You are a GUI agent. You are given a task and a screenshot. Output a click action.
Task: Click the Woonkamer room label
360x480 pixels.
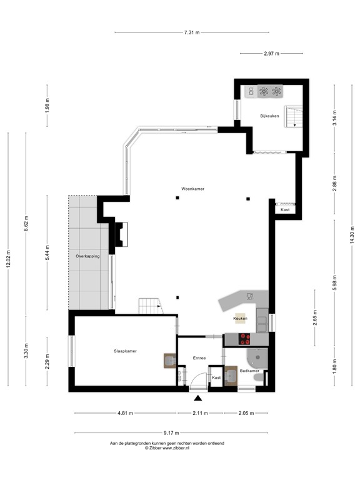tap(193, 188)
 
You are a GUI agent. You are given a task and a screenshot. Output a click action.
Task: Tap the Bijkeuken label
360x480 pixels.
tap(270, 116)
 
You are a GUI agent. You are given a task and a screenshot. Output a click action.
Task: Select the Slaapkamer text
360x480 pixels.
tap(125, 351)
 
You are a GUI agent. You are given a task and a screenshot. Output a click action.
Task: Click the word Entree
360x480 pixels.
tap(199, 358)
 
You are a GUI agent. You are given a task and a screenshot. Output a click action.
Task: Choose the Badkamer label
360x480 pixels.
tap(250, 371)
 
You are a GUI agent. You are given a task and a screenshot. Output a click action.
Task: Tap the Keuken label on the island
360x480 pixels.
tap(240, 319)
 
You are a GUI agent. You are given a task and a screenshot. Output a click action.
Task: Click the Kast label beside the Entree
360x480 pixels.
tap(216, 378)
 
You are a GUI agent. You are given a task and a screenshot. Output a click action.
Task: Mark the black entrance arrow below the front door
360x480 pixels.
tap(198, 398)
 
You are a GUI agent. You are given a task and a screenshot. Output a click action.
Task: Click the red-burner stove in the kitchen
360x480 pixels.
tap(245, 339)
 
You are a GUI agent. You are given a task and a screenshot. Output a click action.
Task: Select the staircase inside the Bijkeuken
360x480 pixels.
tap(293, 116)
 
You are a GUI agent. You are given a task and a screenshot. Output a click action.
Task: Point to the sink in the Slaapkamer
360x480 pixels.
tap(169, 360)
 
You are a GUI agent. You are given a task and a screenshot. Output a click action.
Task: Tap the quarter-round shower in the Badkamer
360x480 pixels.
tap(257, 357)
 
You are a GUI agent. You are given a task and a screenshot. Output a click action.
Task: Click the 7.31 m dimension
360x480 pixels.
tap(192, 32)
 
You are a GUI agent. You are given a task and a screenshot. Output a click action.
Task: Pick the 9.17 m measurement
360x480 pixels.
tap(171, 432)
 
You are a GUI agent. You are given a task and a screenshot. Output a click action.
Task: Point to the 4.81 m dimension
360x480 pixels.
tap(125, 413)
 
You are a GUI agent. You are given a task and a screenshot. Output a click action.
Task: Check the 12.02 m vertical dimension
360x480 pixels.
tap(9, 258)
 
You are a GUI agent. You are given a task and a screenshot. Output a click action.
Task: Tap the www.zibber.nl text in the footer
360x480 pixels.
tap(181, 448)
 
